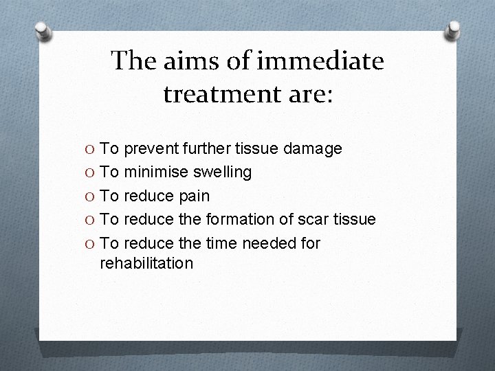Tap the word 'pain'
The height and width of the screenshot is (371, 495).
coord(195,196)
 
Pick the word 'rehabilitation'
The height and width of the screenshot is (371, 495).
coord(146,262)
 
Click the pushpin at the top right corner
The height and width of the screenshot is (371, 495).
coord(454,30)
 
